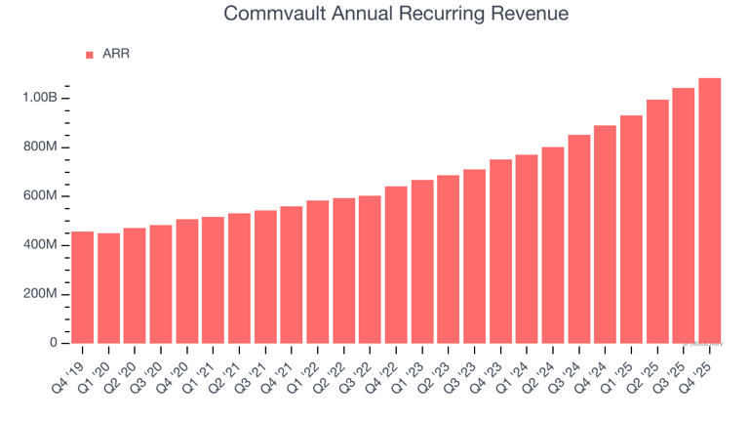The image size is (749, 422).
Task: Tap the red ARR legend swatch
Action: pyautogui.click(x=90, y=55)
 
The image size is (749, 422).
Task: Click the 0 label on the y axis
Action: pyautogui.click(x=54, y=343)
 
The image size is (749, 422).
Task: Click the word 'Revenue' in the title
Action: pyautogui.click(x=528, y=15)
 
